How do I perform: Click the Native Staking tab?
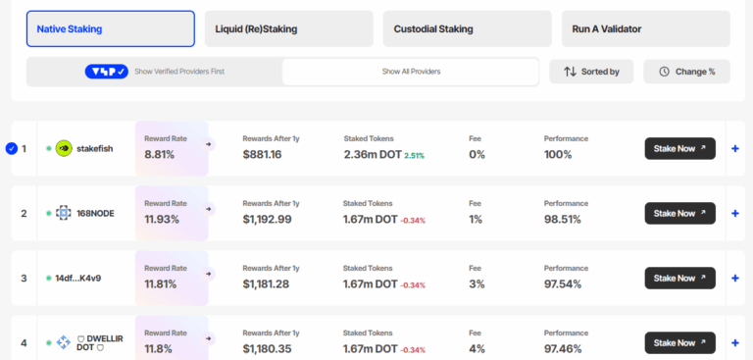(x=110, y=29)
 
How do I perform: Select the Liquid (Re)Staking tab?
(x=288, y=29)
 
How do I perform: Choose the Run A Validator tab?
(x=645, y=29)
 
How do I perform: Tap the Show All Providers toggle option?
(x=410, y=72)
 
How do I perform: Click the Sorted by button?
(x=591, y=72)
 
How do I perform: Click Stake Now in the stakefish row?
(x=679, y=148)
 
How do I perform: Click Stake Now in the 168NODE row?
(x=679, y=213)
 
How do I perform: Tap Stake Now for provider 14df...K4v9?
(x=679, y=278)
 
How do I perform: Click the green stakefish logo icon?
(x=64, y=149)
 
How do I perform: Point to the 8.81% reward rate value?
(x=159, y=155)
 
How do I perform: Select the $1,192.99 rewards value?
(x=267, y=220)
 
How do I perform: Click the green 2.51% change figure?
(x=414, y=156)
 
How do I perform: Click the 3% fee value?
(x=476, y=284)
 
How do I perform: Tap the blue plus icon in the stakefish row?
(x=735, y=149)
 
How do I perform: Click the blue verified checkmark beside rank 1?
(x=12, y=149)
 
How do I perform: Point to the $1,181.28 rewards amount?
(x=267, y=284)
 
